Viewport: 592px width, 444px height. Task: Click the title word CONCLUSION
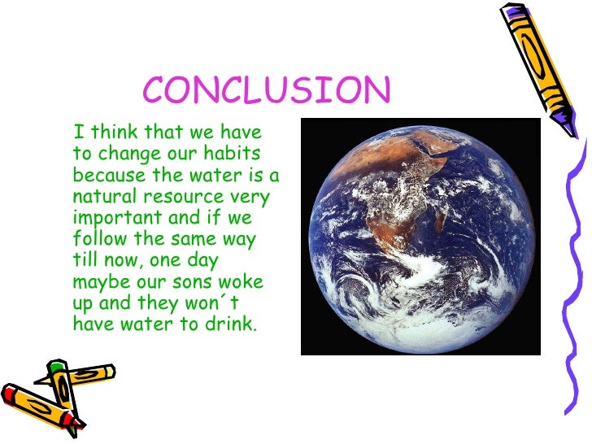[267, 90]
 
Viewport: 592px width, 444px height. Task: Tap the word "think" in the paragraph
[115, 133]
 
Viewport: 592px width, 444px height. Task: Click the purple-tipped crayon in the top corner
[537, 65]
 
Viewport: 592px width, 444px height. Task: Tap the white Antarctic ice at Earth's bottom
[423, 329]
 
